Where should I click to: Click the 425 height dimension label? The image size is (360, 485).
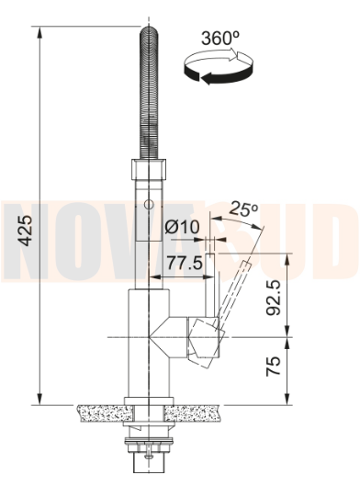tap(25, 231)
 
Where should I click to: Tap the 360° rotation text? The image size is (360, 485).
tap(220, 39)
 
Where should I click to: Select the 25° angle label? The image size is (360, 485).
tap(243, 209)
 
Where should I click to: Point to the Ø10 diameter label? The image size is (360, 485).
tap(182, 228)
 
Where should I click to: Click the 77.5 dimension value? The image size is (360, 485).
tap(185, 264)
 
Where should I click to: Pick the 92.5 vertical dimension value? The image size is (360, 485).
tap(274, 298)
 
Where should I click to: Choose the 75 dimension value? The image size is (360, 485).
tap(274, 367)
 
